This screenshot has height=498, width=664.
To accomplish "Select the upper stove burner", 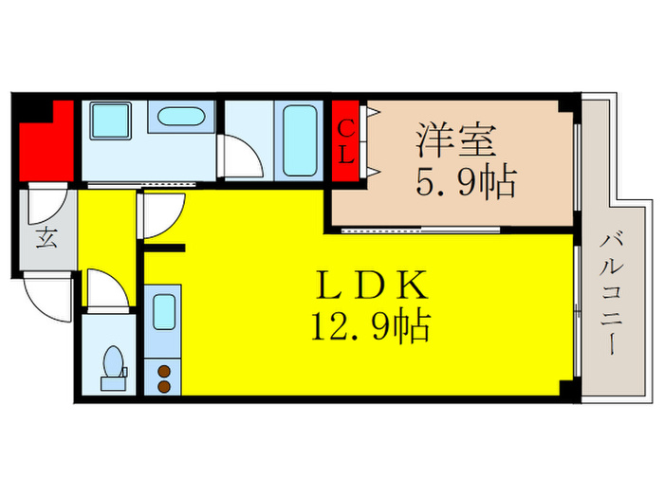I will [x=162, y=371].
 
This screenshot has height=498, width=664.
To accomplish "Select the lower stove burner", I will [x=162, y=386].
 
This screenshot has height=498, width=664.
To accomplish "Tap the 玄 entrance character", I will [x=46, y=237].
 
